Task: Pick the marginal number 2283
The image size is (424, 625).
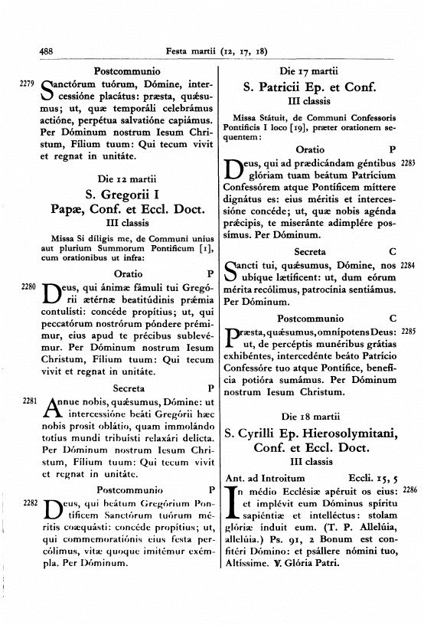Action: [x=408, y=162]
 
